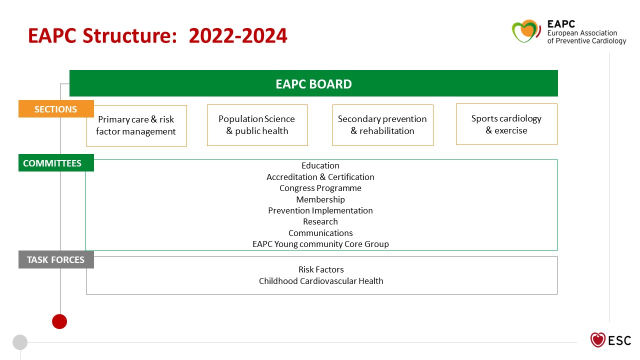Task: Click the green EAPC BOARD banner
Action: (x=313, y=83)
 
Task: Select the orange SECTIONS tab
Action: (x=56, y=109)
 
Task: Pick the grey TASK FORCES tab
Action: (x=56, y=259)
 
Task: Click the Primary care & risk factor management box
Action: (x=136, y=125)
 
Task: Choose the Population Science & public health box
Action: (x=257, y=125)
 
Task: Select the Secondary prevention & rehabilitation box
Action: (x=382, y=125)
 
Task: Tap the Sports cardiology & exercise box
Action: (x=506, y=124)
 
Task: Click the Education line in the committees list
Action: (x=320, y=165)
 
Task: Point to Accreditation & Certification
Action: (x=320, y=177)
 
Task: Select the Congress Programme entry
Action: (x=320, y=188)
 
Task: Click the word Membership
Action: (x=320, y=199)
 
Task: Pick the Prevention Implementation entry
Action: (x=320, y=210)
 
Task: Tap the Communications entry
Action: (x=320, y=233)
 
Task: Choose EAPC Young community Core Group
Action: (x=320, y=244)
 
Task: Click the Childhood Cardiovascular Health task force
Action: (x=321, y=281)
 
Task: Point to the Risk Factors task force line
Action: (x=321, y=269)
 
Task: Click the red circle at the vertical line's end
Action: (x=59, y=321)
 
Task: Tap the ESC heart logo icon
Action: (x=597, y=340)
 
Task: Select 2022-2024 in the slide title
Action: (x=238, y=36)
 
